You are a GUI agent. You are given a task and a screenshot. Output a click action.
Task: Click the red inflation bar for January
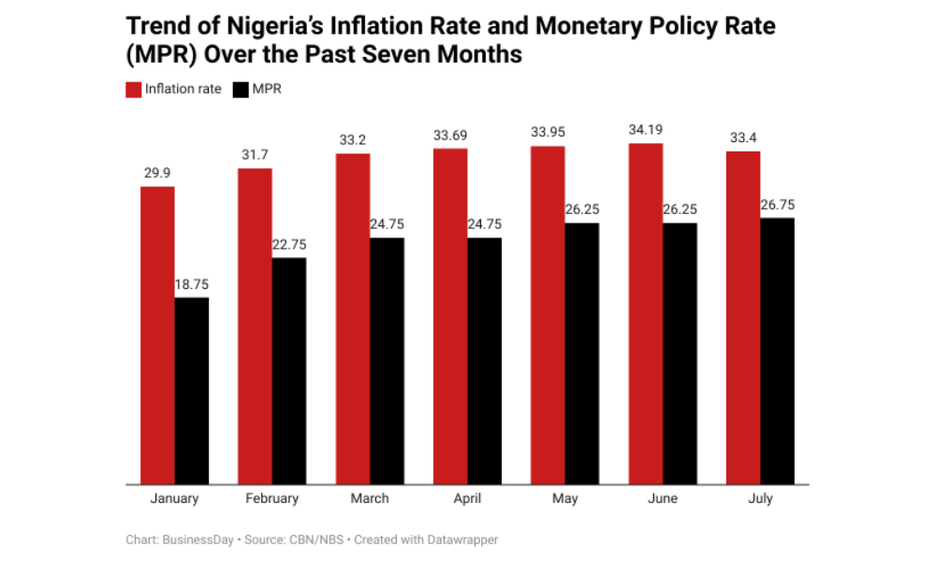pyautogui.click(x=157, y=335)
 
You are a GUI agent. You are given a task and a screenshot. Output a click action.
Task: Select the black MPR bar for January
pyautogui.click(x=192, y=391)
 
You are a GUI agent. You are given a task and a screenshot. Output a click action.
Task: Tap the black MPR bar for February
pyautogui.click(x=289, y=370)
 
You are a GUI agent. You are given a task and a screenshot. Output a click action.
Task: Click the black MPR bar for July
pyautogui.click(x=777, y=351)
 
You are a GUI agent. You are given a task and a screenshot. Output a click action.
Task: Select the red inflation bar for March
pyautogui.click(x=353, y=318)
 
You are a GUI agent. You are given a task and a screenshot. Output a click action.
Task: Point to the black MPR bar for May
pyautogui.click(x=582, y=353)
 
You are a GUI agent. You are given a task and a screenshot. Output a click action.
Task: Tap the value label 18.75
pyautogui.click(x=192, y=284)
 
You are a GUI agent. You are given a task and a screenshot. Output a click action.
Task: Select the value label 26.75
pyautogui.click(x=777, y=205)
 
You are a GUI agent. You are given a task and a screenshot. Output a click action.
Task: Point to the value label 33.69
pyautogui.click(x=450, y=136)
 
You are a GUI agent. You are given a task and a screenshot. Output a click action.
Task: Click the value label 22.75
pyautogui.click(x=289, y=244)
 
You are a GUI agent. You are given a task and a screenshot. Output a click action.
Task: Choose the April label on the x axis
pyautogui.click(x=467, y=498)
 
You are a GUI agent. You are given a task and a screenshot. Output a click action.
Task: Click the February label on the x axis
pyautogui.click(x=271, y=498)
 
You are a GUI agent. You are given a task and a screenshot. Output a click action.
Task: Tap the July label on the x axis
pyautogui.click(x=760, y=498)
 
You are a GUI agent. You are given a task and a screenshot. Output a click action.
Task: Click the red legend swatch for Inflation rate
pyautogui.click(x=133, y=90)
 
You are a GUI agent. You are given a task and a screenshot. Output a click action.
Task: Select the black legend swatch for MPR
pyautogui.click(x=240, y=90)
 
